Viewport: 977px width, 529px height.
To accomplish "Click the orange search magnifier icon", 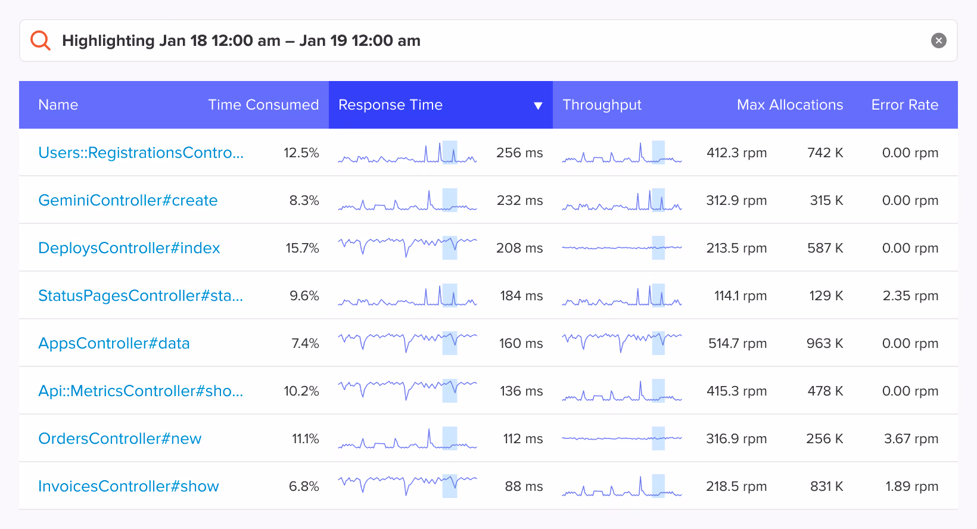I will point(41,41).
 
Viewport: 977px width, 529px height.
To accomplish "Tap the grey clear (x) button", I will point(938,41).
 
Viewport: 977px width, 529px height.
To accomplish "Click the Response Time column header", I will point(390,105).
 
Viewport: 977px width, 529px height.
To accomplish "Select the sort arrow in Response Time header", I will point(538,105).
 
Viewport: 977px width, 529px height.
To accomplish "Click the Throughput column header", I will point(602,105).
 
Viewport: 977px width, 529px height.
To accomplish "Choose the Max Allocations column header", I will point(789,105).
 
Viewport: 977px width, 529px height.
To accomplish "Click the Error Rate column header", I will point(904,105).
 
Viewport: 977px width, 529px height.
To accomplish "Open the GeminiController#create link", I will point(127,200).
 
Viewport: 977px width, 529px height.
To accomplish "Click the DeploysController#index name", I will point(129,248).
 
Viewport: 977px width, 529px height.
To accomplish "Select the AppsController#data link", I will point(114,343).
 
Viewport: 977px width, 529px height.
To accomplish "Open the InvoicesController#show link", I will point(128,486).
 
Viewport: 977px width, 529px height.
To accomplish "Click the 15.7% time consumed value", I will point(302,248).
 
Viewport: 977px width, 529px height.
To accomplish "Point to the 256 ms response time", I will point(519,153).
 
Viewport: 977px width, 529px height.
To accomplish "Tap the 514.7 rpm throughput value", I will point(737,343).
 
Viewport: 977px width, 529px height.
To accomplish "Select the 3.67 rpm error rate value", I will point(910,438).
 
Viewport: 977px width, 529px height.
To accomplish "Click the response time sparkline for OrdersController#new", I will point(407,438).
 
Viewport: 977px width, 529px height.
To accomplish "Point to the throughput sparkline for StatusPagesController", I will point(621,295).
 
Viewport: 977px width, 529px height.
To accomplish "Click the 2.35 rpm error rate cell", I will point(910,295).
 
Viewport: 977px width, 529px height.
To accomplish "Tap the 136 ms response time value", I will point(521,391).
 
